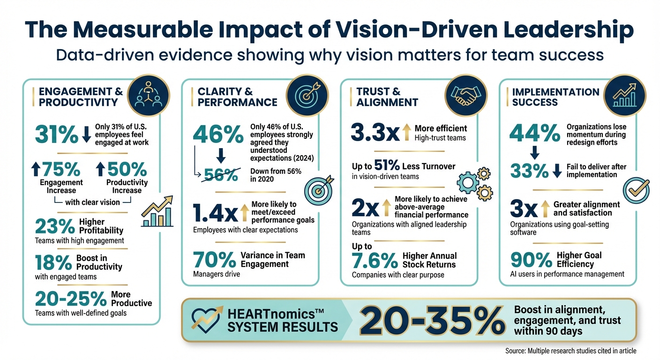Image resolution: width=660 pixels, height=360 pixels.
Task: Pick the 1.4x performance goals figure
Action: pyautogui.click(x=215, y=214)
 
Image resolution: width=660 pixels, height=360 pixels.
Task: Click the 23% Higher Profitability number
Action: pyautogui.click(x=55, y=226)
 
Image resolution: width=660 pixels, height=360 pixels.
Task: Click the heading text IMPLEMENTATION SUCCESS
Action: pyautogui.click(x=555, y=97)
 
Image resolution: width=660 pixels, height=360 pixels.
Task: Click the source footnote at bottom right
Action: pyautogui.click(x=570, y=351)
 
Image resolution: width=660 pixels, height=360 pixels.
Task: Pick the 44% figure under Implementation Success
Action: pyautogui.click(x=534, y=134)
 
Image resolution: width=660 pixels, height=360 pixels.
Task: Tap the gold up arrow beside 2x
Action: pyautogui.click(x=386, y=205)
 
